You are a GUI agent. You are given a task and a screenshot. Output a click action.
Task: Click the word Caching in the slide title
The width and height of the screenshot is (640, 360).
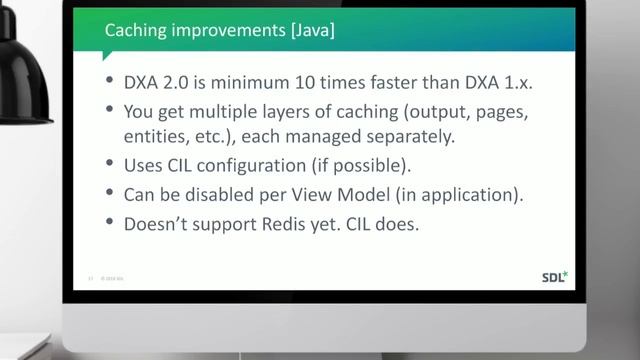136,32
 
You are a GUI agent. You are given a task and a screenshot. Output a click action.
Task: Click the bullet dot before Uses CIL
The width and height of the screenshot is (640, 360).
107,166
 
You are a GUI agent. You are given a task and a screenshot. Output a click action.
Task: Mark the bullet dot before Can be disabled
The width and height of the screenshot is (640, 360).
107,195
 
